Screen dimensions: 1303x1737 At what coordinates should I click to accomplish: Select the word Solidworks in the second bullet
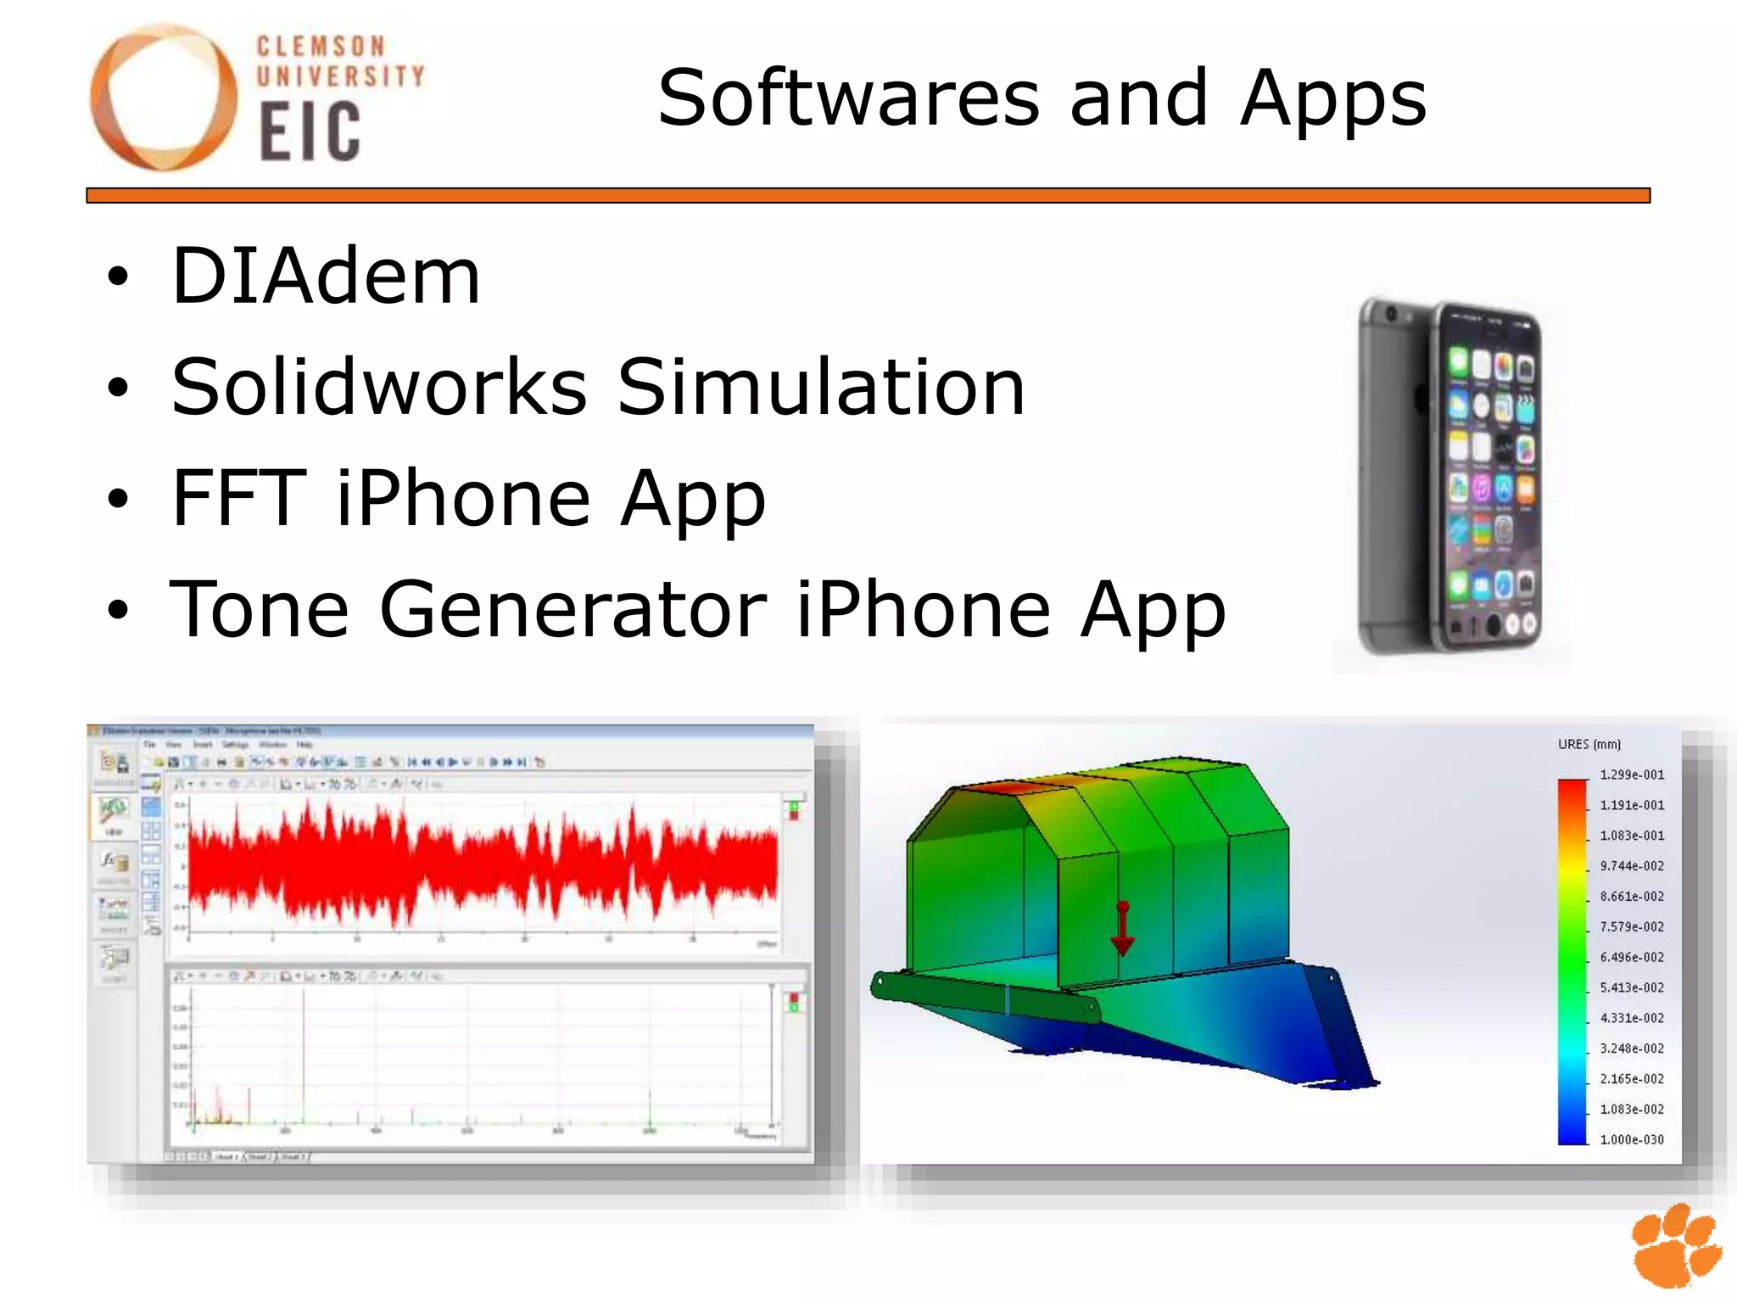(x=379, y=387)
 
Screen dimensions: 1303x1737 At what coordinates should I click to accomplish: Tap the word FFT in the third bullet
(x=238, y=498)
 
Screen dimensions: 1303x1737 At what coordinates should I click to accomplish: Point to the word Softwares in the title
(x=848, y=98)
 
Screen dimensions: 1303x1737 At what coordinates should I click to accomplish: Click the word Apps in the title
(x=1333, y=100)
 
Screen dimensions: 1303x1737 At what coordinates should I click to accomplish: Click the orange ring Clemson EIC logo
(x=164, y=98)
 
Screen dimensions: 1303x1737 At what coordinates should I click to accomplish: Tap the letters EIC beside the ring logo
(x=310, y=131)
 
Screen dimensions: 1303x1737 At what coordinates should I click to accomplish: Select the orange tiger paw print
(x=1676, y=1246)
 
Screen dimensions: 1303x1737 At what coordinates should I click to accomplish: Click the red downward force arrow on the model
(x=1122, y=929)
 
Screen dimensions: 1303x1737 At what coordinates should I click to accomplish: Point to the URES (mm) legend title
(x=1589, y=744)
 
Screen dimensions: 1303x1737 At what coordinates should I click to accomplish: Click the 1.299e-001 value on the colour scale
(x=1631, y=775)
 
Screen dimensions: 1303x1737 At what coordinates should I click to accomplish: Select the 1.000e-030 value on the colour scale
(x=1631, y=1139)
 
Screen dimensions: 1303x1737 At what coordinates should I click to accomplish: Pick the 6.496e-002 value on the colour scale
(x=1631, y=957)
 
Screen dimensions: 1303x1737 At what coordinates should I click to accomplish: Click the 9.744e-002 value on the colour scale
(x=1631, y=865)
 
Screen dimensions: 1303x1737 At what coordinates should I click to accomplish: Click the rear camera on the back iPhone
(x=1391, y=315)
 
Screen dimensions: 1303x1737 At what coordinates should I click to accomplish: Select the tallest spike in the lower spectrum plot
(x=304, y=1052)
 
